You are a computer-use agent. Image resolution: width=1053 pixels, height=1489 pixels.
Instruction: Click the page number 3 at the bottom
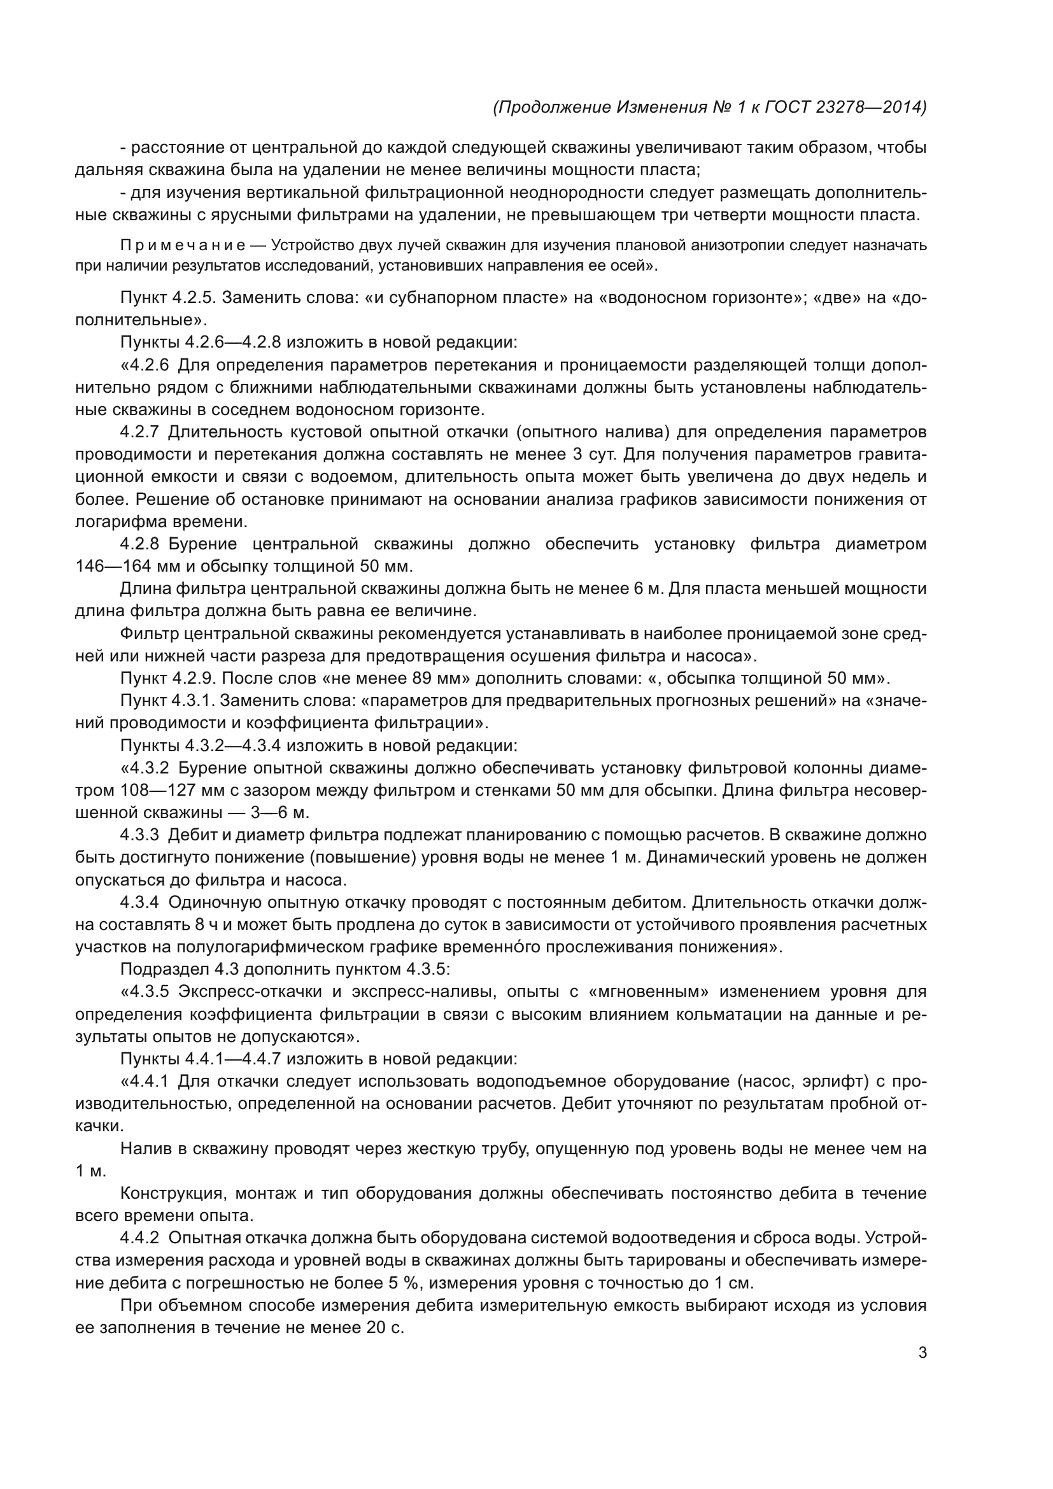click(922, 1353)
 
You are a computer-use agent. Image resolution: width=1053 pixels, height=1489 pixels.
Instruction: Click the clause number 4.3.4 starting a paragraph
click(140, 902)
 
